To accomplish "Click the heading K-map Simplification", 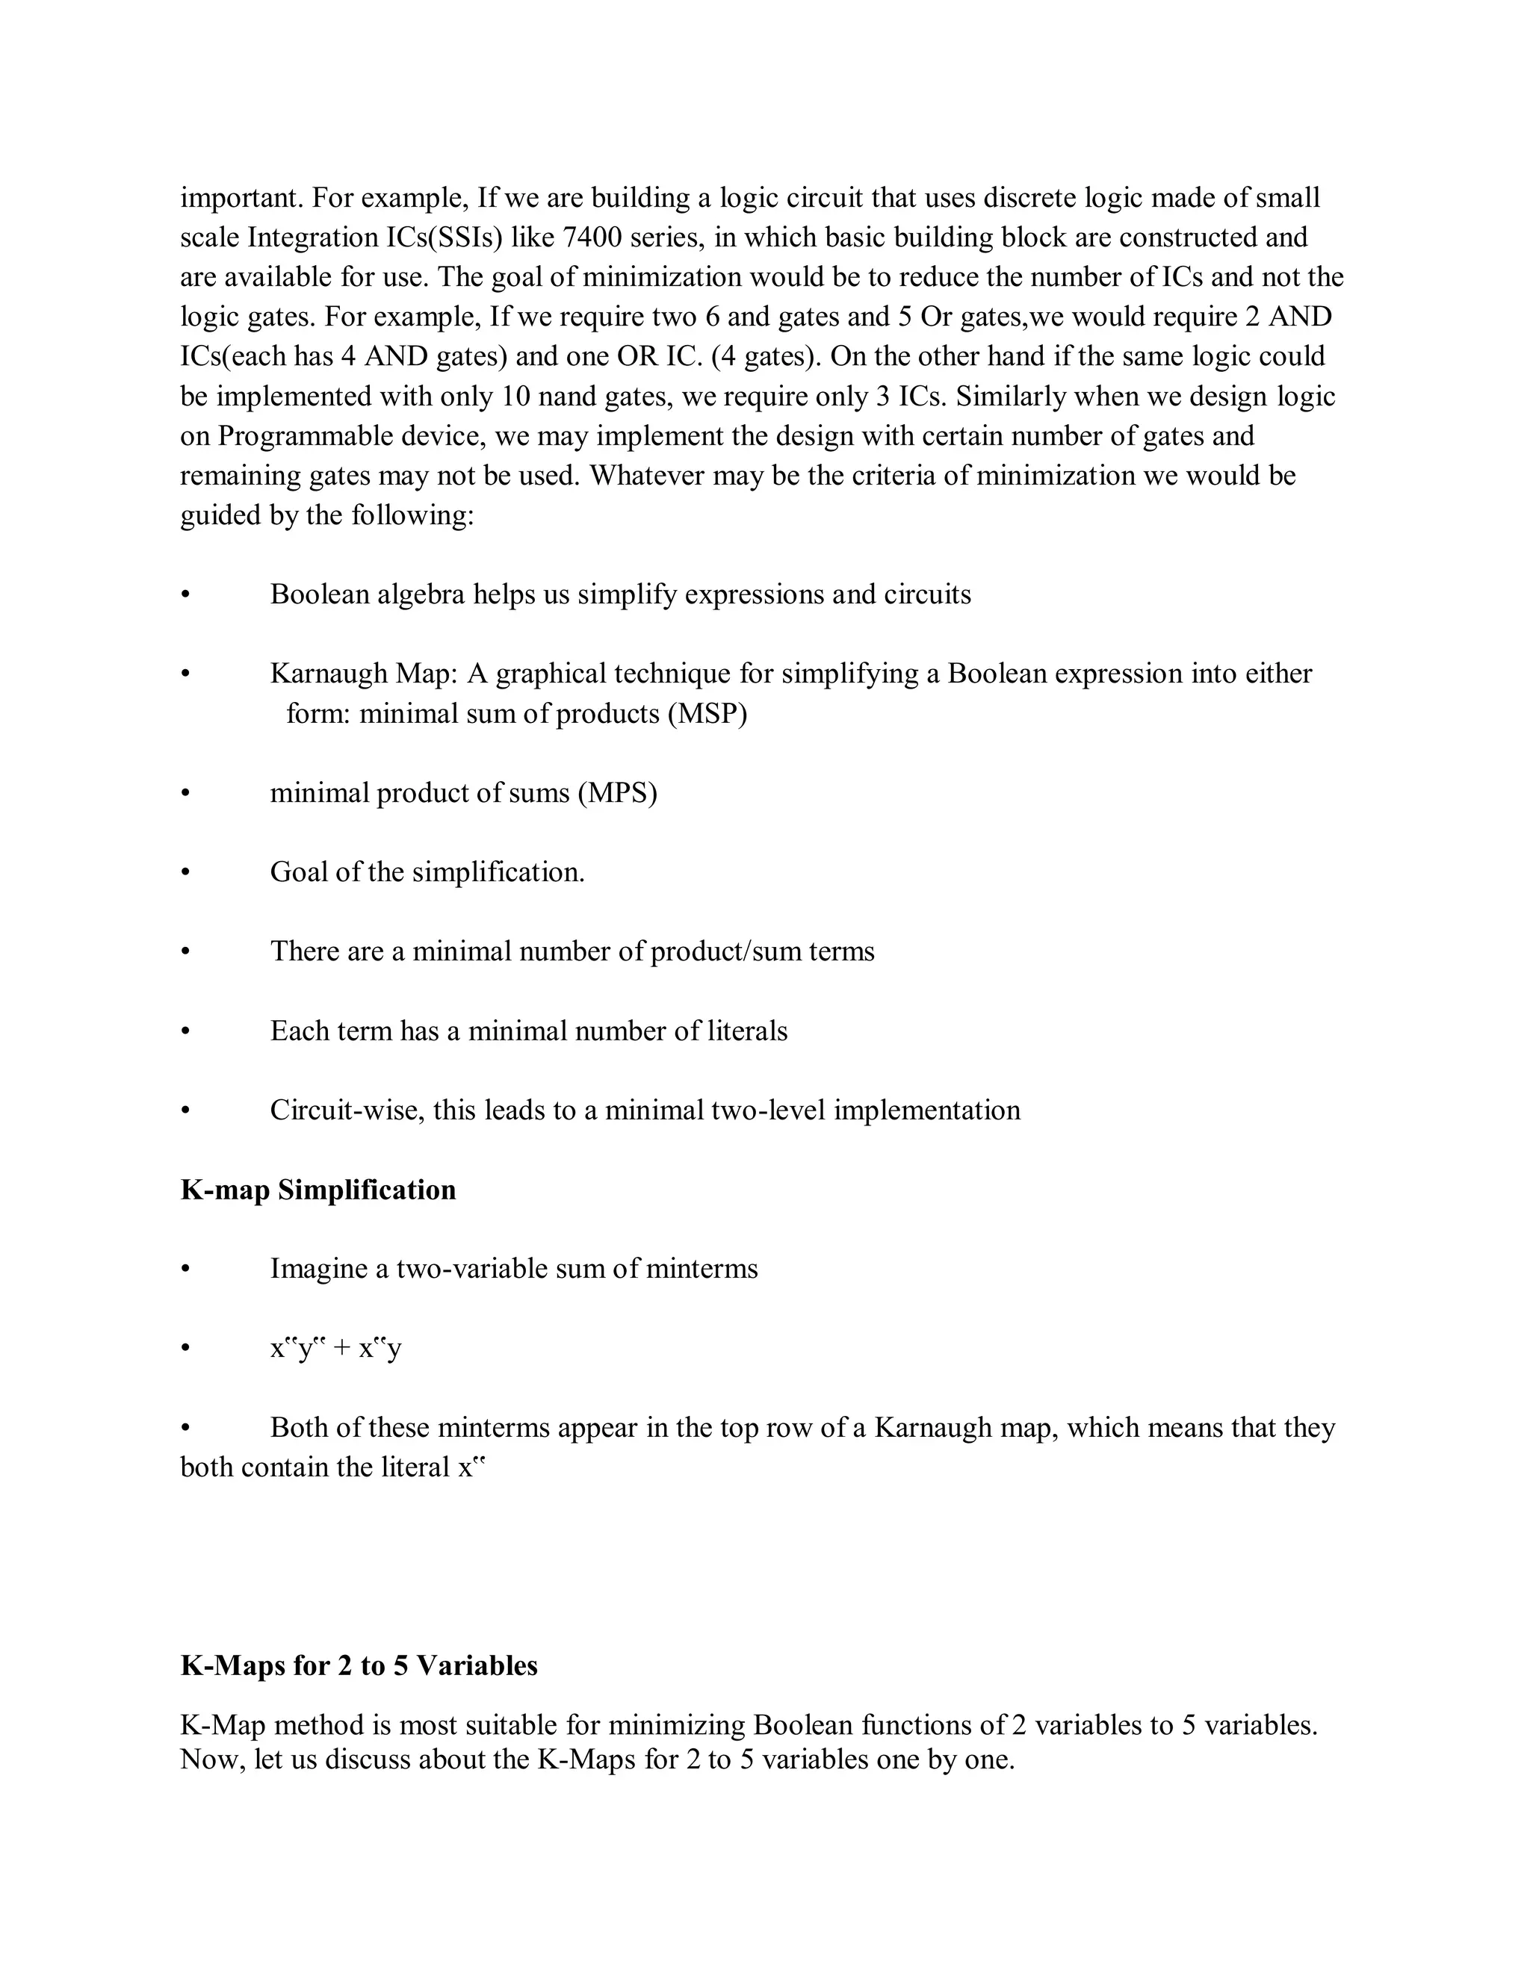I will (318, 1190).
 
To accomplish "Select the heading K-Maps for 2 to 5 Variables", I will (359, 1665).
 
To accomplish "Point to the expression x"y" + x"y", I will (335, 1348).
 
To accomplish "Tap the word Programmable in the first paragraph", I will (305, 436).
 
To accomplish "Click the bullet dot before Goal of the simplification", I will (186, 872).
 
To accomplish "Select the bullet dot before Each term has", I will (186, 1031).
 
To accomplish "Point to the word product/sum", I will (726, 951).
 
